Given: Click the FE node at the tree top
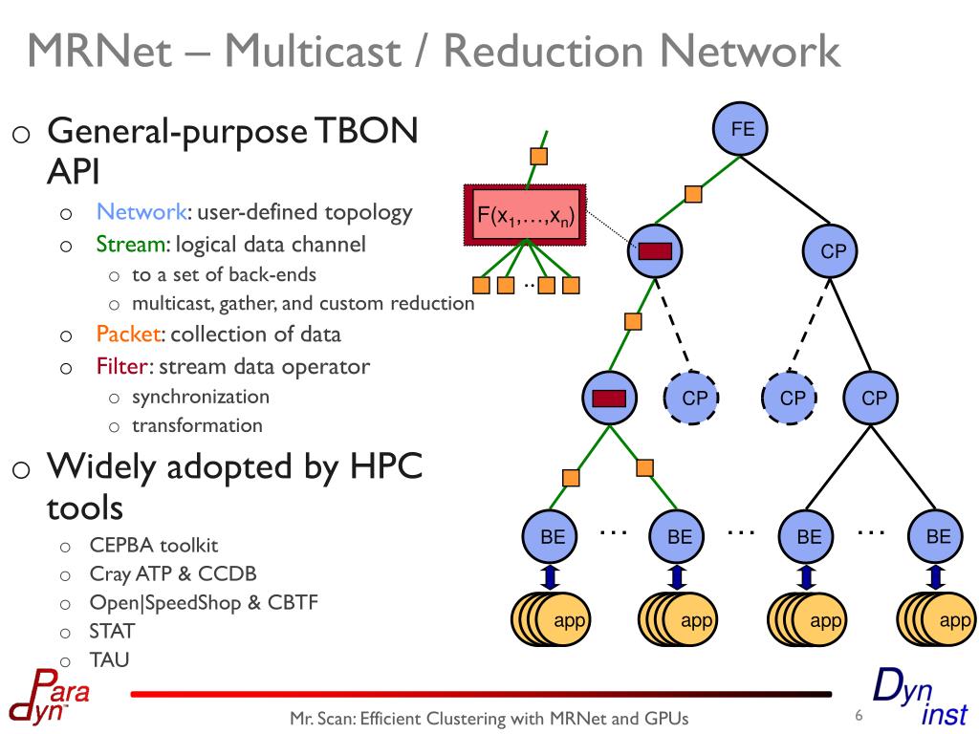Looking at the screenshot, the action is click(741, 129).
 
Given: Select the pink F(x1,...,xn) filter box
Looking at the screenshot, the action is click(526, 215).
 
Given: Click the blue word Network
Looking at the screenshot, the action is click(141, 212).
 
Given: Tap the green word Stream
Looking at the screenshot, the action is click(131, 244).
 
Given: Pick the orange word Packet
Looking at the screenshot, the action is click(129, 334).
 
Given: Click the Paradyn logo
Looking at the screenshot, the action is click(49, 697).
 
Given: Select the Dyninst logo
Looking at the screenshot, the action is click(921, 697).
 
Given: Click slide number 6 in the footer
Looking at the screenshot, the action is click(859, 715).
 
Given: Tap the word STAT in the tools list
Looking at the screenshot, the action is click(112, 631).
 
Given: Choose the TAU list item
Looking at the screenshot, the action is click(109, 659).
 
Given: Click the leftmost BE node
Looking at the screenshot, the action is click(550, 537).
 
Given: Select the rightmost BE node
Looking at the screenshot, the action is click(935, 537).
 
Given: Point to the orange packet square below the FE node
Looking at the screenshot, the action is click(693, 194).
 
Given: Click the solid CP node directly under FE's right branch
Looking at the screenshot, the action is click(830, 251).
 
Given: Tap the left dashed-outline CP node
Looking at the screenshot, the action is click(691, 398).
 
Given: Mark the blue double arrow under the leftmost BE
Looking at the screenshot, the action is click(550, 577).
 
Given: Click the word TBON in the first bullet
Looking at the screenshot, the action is click(366, 131).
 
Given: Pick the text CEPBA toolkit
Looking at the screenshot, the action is click(154, 545).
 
